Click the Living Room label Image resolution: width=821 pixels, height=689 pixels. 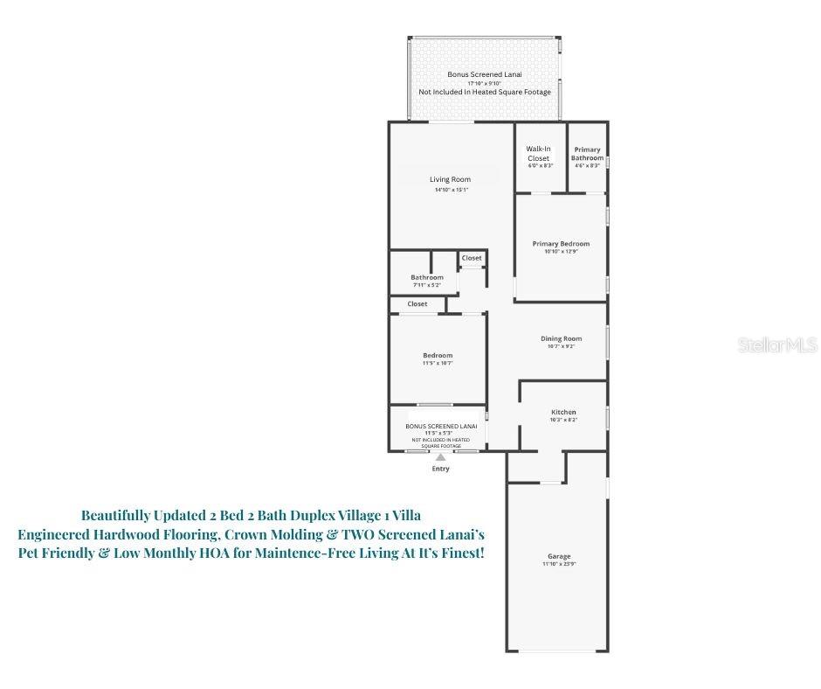[450, 180]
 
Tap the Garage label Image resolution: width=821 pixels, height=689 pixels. [559, 557]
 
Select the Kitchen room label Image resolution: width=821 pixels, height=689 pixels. [563, 412]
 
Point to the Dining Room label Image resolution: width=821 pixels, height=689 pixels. [561, 338]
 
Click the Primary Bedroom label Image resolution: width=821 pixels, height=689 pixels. [561, 244]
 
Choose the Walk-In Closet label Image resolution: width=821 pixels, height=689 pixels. [538, 153]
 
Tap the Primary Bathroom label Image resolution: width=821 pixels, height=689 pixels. [587, 153]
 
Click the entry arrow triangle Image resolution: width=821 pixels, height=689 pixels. [441, 456]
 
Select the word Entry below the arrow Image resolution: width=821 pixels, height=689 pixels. [441, 470]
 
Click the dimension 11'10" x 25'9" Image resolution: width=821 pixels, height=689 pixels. [559, 565]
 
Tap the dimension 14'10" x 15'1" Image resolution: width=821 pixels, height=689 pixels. [452, 190]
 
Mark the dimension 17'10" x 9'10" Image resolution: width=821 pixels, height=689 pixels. [485, 83]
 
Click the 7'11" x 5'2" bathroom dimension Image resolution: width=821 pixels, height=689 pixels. [427, 285]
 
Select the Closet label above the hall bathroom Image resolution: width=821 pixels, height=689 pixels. [472, 258]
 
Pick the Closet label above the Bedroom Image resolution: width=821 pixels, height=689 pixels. [417, 304]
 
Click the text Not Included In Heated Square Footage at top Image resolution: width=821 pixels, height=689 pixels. [485, 92]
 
